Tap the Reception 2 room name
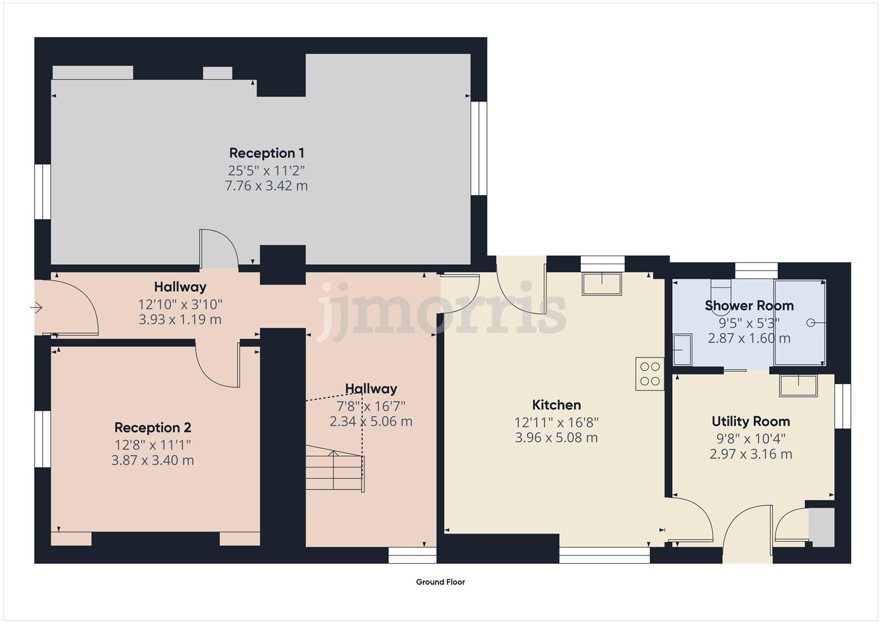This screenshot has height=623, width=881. point(152,427)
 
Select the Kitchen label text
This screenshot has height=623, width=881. point(556,405)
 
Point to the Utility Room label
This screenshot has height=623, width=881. point(751,421)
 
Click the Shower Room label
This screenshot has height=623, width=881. point(749,305)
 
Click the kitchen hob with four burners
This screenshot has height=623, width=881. point(650,374)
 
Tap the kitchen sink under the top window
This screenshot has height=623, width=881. point(602,284)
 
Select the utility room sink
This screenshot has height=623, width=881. point(798,385)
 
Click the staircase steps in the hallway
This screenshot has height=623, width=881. point(333,470)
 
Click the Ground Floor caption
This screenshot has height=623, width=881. point(440,582)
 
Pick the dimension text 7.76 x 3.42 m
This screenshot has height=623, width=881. point(266,186)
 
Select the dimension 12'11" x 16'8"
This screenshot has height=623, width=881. point(556,422)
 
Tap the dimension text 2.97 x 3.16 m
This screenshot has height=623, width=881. point(751,454)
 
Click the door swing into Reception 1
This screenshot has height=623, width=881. point(219,249)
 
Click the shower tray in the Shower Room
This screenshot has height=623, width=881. point(799,322)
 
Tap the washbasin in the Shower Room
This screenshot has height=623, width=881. point(682,350)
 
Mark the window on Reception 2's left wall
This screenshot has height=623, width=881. point(43,438)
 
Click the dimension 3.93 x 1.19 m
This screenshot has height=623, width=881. point(180,320)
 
